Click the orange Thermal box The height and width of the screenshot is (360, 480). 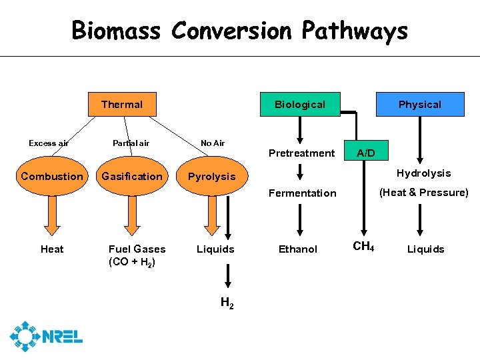pyautogui.click(x=121, y=104)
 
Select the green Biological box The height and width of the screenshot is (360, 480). pyautogui.click(x=300, y=104)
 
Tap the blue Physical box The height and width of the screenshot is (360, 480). pyautogui.click(x=420, y=104)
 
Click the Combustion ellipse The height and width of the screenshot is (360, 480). pyautogui.click(x=52, y=176)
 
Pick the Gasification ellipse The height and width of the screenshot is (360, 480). pyautogui.click(x=131, y=176)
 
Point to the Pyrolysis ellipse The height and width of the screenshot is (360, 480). pyautogui.click(x=211, y=177)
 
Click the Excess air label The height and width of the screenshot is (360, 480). pyautogui.click(x=48, y=143)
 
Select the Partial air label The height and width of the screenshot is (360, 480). pyautogui.click(x=131, y=143)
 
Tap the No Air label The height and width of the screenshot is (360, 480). pyautogui.click(x=213, y=143)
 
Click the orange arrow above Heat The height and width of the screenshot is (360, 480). pyautogui.click(x=52, y=215)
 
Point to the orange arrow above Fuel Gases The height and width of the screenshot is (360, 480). pyautogui.click(x=131, y=215)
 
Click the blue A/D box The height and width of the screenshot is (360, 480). pyautogui.click(x=365, y=153)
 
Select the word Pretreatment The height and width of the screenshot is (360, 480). pyautogui.click(x=301, y=153)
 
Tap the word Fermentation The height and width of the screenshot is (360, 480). pyautogui.click(x=302, y=193)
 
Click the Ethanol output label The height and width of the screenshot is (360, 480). pyautogui.click(x=298, y=249)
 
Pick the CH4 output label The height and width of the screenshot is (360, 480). pyautogui.click(x=363, y=247)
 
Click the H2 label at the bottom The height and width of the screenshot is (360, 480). pyautogui.click(x=227, y=304)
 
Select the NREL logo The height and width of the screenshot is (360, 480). pyautogui.click(x=46, y=336)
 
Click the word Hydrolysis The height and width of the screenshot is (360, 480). pyautogui.click(x=423, y=173)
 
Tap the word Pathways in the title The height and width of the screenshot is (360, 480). pyautogui.click(x=355, y=31)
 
